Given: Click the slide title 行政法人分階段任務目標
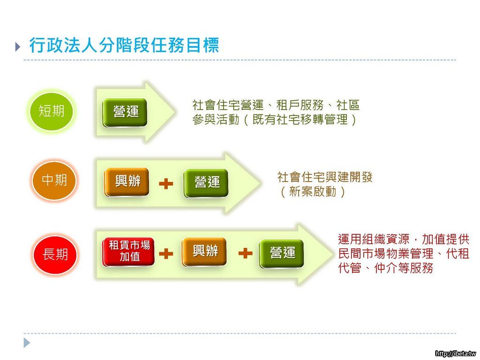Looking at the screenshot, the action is coord(124,45).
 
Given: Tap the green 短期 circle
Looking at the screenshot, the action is coord(52,112).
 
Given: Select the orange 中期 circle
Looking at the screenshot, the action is coord(54,180).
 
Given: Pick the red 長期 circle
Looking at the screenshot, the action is coord(55,255).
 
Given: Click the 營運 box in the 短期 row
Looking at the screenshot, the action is coord(125,112).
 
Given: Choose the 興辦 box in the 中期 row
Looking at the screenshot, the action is coord(127,182).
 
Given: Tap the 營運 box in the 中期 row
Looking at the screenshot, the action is coord(206,183).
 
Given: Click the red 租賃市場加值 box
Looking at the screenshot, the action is coord(128,252).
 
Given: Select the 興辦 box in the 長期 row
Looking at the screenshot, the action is coord(204,252).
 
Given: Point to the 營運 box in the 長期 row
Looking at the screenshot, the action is coord(282,254).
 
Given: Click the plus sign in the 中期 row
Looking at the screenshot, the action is coord(166,184).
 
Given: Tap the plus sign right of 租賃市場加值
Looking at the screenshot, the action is coord(166,254).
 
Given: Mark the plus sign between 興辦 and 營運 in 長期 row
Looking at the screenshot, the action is coord(245,253).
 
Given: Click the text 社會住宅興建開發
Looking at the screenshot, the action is coord(325,177).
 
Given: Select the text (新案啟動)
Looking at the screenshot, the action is coord(312,192).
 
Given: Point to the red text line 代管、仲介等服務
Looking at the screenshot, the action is coord(386,268).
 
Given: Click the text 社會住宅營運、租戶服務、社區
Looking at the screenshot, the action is coord(276,105).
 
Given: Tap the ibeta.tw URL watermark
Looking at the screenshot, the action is coord(456,353).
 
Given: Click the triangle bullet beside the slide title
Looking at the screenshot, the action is coord(18,46).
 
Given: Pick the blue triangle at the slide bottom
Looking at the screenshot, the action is coord(27,343).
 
